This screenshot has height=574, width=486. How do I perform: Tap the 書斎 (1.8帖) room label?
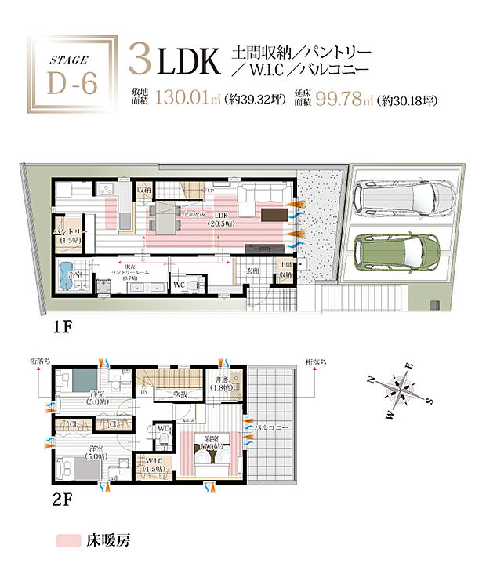tap(222, 385)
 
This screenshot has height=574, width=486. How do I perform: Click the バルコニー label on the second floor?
tap(274, 429)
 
